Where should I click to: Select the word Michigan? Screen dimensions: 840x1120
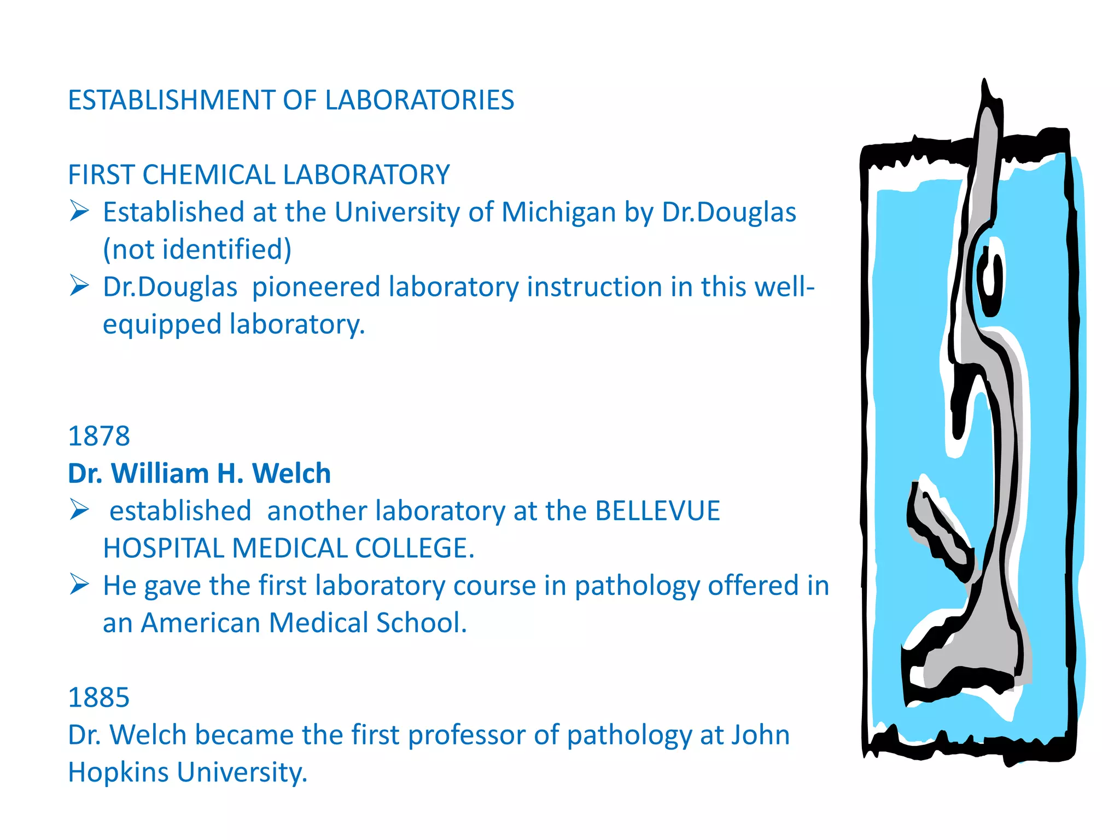pyautogui.click(x=558, y=212)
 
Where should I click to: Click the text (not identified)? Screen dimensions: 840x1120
pyautogui.click(x=197, y=249)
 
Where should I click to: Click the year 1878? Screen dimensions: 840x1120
pyautogui.click(x=99, y=436)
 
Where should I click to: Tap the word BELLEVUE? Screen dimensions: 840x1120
pyautogui.click(x=657, y=511)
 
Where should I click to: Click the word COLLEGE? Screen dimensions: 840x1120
pyautogui.click(x=415, y=549)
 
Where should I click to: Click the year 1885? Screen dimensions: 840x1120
pyautogui.click(x=99, y=698)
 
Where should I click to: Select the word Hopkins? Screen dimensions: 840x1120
pyautogui.click(x=118, y=773)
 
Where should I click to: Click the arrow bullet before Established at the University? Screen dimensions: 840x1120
pyautogui.click(x=79, y=211)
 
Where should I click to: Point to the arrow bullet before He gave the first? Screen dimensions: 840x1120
pyautogui.click(x=79, y=585)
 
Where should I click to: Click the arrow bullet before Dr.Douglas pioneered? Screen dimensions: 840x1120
pyautogui.click(x=79, y=285)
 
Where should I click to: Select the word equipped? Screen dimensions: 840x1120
pyautogui.click(x=162, y=325)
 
